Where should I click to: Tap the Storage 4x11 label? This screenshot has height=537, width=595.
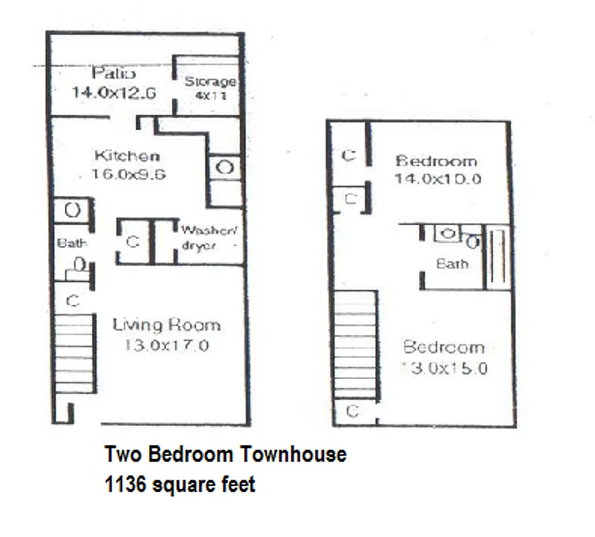[x=210, y=82]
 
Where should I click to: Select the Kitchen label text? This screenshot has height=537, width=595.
[x=127, y=155]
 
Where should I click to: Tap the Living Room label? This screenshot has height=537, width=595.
[x=166, y=325]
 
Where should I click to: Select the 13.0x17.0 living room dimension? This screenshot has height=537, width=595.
[x=166, y=345]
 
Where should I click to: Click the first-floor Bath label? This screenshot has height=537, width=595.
[x=72, y=243]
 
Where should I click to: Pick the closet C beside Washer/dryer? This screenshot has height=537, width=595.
[x=133, y=242]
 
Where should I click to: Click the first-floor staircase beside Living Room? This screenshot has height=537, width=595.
[x=73, y=353]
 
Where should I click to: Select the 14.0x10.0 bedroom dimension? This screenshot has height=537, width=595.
[x=437, y=179]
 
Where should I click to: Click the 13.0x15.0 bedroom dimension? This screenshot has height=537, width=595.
[x=444, y=368]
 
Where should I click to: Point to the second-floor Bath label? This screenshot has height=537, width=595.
[x=452, y=264]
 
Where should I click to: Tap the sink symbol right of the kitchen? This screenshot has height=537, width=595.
[x=224, y=168]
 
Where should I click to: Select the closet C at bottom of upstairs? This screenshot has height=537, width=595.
[x=353, y=411]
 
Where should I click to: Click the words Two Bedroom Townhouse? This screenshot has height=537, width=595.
[x=226, y=454]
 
